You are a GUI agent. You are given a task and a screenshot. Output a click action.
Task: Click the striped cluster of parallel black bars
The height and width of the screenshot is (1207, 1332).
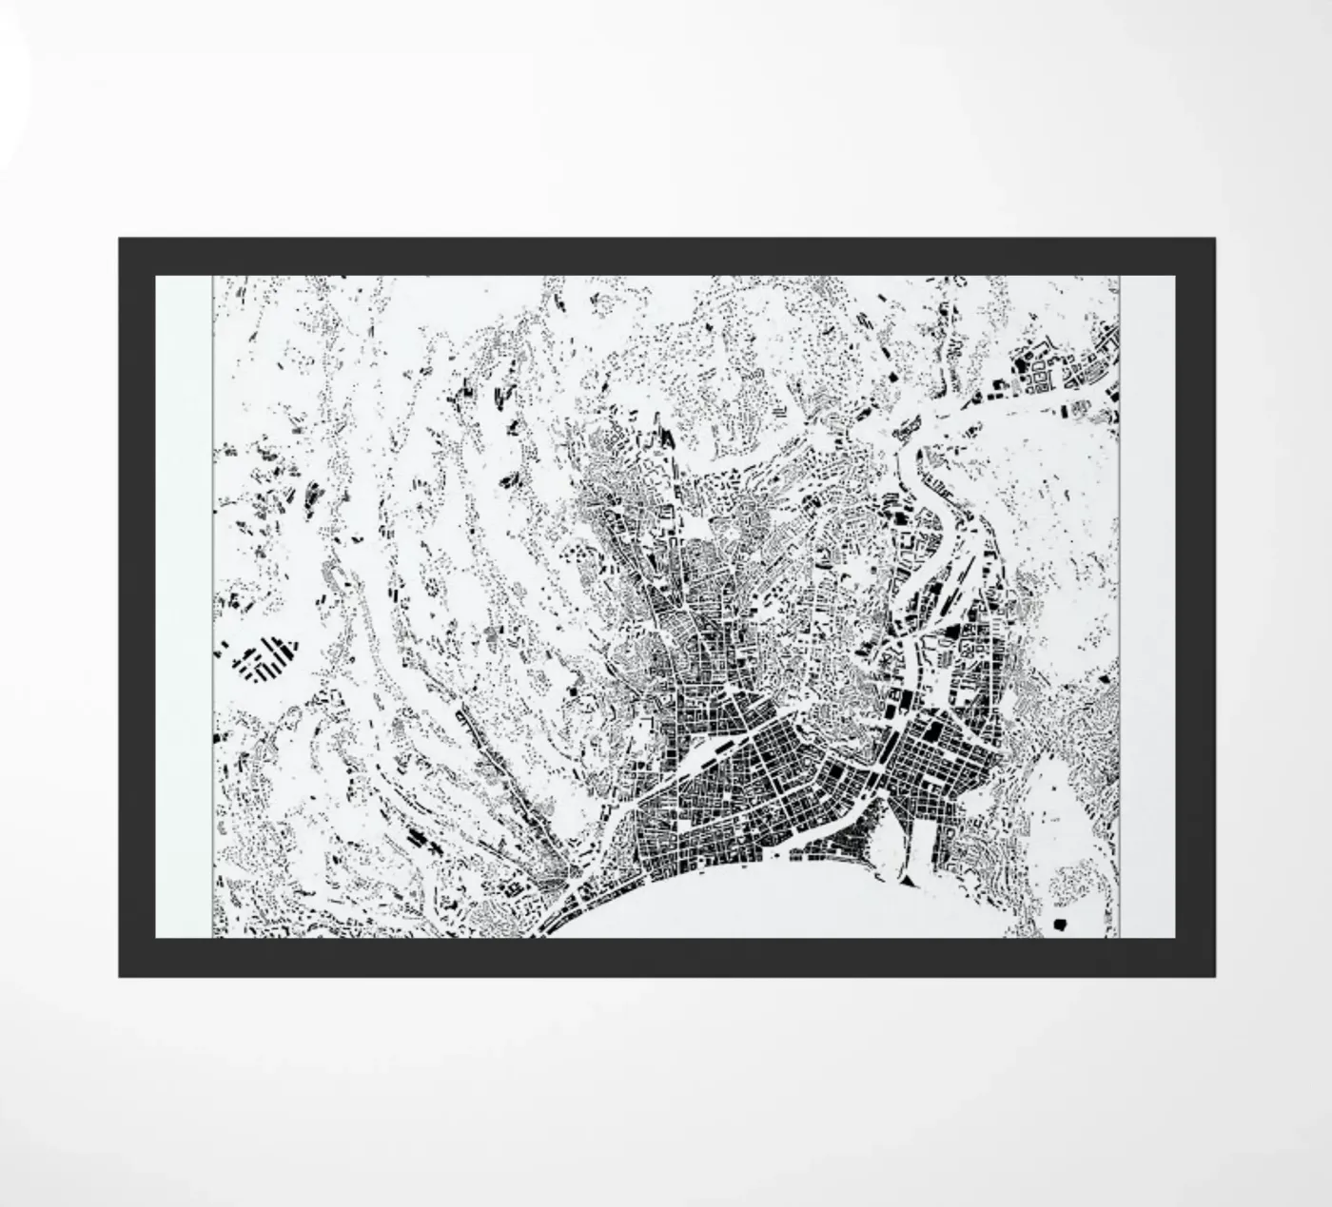coord(265,657)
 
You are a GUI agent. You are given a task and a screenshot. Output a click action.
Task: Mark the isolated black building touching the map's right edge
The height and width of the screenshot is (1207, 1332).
coord(1106,679)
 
